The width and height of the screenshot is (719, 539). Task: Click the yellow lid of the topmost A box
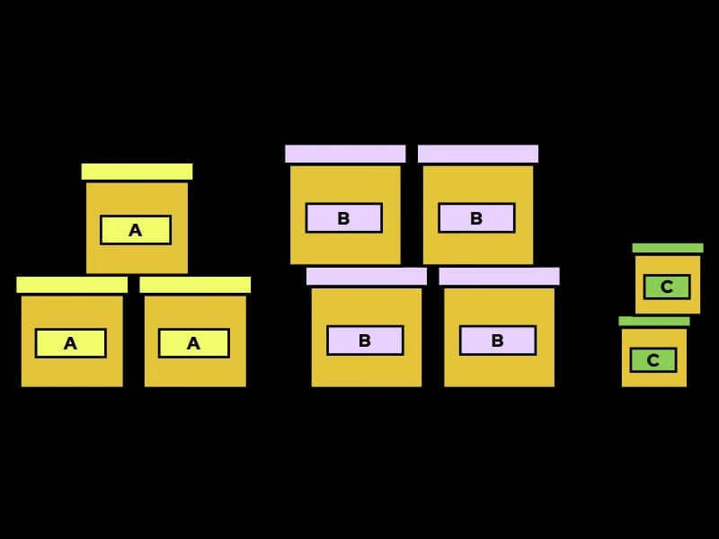(137, 172)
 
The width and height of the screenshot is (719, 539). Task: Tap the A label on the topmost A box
(136, 230)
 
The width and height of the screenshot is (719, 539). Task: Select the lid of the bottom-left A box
(72, 285)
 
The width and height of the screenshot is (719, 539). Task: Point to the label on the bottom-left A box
(71, 343)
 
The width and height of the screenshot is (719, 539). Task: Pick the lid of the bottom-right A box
(195, 285)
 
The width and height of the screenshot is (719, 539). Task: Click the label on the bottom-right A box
(194, 343)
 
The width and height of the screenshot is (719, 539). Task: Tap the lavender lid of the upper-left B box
(345, 154)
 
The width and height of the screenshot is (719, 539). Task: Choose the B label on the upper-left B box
(343, 218)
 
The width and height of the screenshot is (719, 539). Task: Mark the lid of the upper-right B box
(478, 154)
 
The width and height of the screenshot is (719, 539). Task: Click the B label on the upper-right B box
(476, 218)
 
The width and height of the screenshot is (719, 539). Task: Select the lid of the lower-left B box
(367, 276)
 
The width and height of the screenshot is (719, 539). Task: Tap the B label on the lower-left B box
(365, 340)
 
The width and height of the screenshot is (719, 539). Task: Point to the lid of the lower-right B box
(499, 276)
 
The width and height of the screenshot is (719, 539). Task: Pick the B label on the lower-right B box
(498, 340)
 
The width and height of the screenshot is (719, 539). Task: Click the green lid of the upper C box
(668, 248)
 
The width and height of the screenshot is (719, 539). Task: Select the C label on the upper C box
(667, 287)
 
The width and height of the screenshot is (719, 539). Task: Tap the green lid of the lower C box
(654, 321)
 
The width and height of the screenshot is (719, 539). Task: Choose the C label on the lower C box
(653, 360)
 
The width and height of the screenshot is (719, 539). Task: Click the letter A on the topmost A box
(136, 231)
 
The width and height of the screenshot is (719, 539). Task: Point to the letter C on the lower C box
(653, 360)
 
